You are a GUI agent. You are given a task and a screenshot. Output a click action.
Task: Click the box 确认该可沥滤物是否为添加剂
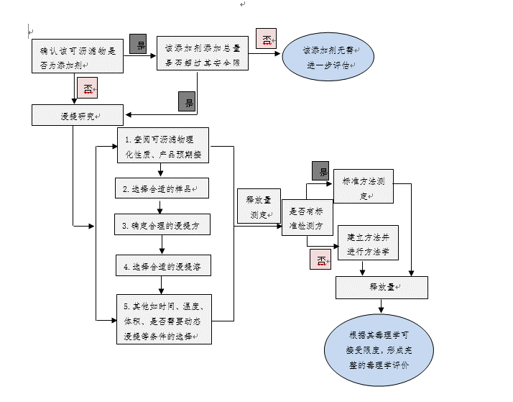(x=78, y=57)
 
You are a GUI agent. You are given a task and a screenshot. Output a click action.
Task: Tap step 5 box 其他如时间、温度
(x=164, y=318)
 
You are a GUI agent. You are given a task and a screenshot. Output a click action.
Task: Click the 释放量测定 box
(x=259, y=207)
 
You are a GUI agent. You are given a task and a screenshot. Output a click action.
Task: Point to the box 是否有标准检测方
(x=307, y=219)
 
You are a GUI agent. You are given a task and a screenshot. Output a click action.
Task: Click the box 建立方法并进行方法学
(x=367, y=243)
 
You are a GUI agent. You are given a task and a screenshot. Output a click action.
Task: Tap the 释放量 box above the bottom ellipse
(x=382, y=287)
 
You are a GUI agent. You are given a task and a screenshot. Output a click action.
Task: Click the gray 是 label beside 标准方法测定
(x=320, y=170)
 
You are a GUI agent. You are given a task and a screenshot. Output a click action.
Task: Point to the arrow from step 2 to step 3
(x=162, y=206)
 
